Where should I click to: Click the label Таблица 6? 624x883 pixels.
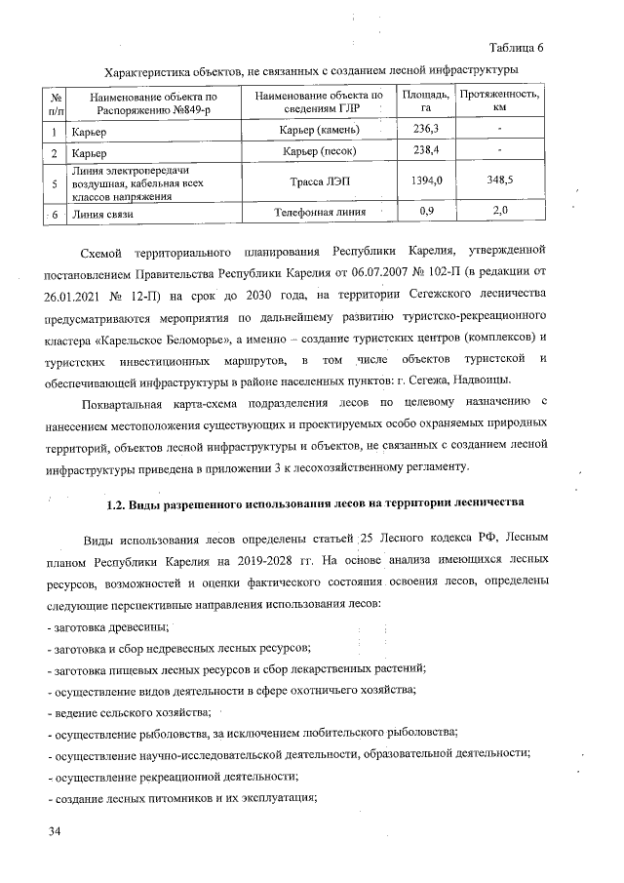point(516,48)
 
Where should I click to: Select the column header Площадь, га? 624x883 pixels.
point(426,100)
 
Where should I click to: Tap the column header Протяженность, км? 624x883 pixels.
point(499,100)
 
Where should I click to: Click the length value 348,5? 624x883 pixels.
point(500,181)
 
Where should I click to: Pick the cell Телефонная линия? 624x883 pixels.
point(320,211)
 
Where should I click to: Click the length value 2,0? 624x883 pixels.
point(500,211)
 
